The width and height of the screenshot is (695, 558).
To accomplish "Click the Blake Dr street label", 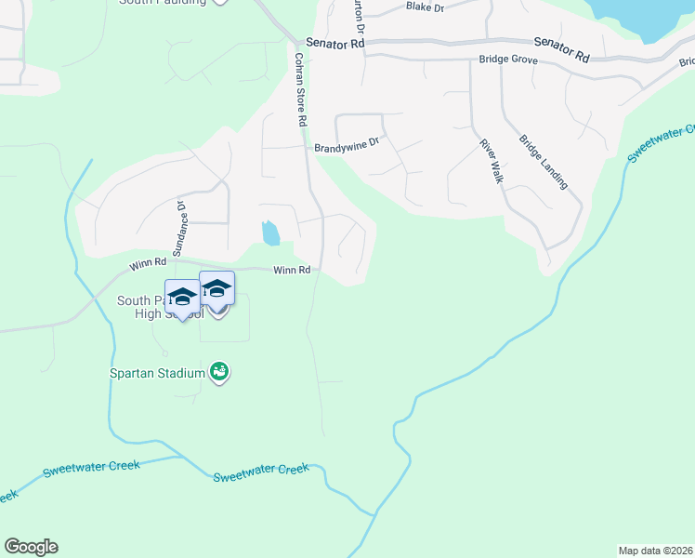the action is click(x=426, y=7).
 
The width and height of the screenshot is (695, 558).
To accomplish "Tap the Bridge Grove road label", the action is click(x=509, y=60).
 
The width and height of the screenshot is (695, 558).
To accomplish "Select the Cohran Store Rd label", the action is click(x=300, y=89).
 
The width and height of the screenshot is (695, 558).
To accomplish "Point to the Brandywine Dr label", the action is click(x=347, y=146).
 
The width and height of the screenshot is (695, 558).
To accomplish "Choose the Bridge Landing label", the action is click(x=544, y=162).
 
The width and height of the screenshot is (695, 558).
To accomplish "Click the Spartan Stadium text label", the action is click(x=155, y=373).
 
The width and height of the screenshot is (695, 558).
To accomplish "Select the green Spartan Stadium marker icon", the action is click(x=220, y=373).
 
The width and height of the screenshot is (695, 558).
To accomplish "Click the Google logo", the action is click(x=31, y=547).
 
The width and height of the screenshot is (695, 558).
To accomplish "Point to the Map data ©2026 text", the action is click(x=655, y=550).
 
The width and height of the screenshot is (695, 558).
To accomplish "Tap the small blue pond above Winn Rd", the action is click(x=269, y=232).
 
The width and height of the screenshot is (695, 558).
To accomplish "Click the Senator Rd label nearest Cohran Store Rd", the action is click(x=333, y=44).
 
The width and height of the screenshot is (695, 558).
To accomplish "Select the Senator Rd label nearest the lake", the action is click(x=561, y=49).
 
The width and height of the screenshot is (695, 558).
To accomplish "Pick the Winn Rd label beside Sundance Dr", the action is click(x=148, y=265).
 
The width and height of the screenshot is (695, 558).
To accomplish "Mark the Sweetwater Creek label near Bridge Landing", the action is click(x=661, y=142).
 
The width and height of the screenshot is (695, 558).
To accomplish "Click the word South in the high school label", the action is click(x=133, y=301).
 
